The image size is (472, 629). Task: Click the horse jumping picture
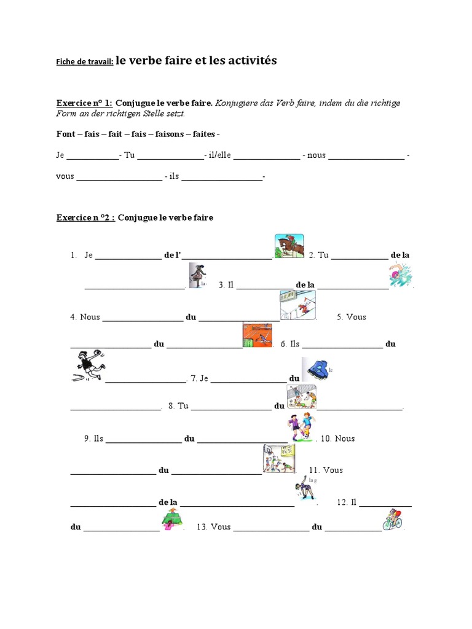pyautogui.click(x=289, y=246)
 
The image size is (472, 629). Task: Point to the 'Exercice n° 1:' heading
pyautogui.click(x=84, y=103)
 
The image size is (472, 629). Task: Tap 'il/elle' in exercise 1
pyautogui.click(x=219, y=155)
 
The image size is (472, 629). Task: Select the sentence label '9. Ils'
pyautogui.click(x=94, y=439)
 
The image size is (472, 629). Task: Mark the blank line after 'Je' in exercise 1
pyautogui.click(x=92, y=157)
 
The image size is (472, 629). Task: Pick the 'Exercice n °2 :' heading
pyautogui.click(x=85, y=217)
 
